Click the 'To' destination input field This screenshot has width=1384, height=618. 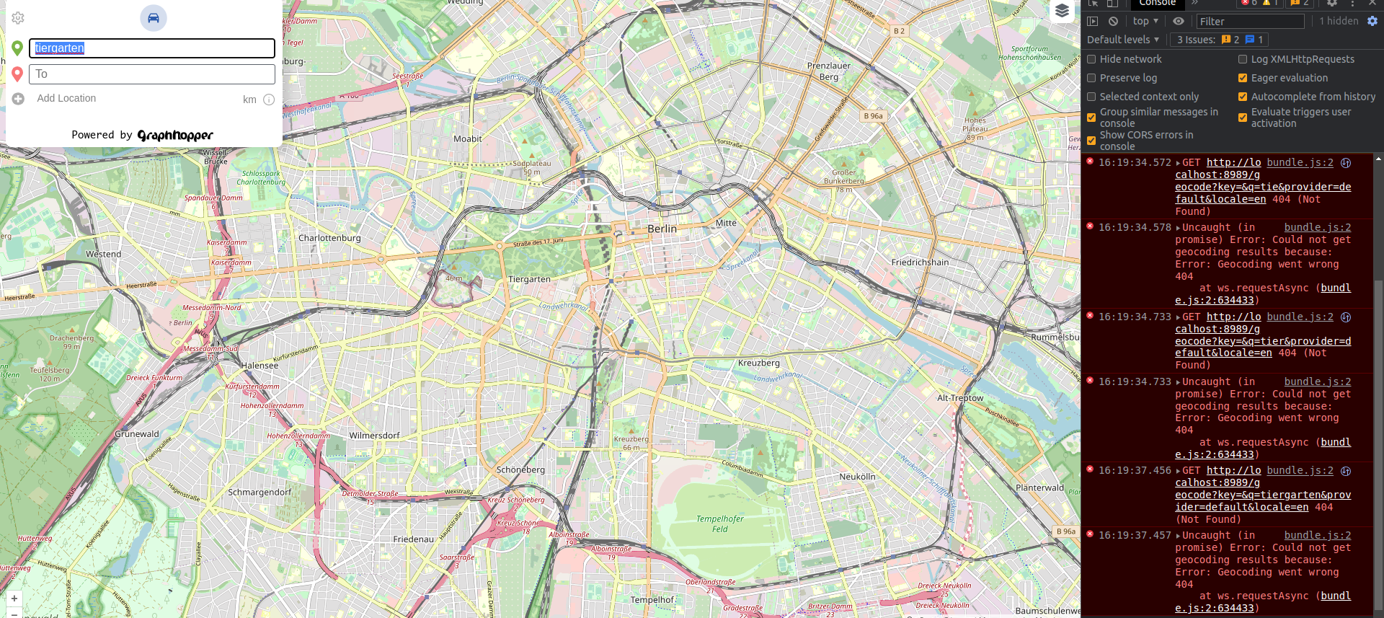click(151, 74)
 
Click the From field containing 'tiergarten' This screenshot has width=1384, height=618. click(151, 48)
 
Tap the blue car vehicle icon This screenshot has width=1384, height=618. click(153, 18)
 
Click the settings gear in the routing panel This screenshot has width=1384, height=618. click(18, 18)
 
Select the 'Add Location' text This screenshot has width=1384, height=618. click(66, 99)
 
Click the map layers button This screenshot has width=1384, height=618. click(1062, 11)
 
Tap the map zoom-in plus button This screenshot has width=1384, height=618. click(14, 599)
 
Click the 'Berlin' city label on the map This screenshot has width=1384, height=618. click(662, 229)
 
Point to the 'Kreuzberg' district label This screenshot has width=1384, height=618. click(758, 363)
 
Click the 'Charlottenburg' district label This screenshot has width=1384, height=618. click(329, 238)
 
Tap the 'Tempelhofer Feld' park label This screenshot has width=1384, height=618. click(719, 524)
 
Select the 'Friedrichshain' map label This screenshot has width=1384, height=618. click(920, 262)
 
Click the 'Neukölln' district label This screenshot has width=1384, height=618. click(857, 477)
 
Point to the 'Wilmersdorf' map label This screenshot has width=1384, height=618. click(374, 436)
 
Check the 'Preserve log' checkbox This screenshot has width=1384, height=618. click(1091, 78)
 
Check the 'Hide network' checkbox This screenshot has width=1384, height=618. click(1091, 59)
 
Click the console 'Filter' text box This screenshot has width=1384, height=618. click(1250, 22)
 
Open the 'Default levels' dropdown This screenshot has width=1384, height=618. click(1122, 40)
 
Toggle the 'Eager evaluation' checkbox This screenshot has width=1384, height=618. click(1243, 78)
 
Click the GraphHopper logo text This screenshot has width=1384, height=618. click(175, 136)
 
